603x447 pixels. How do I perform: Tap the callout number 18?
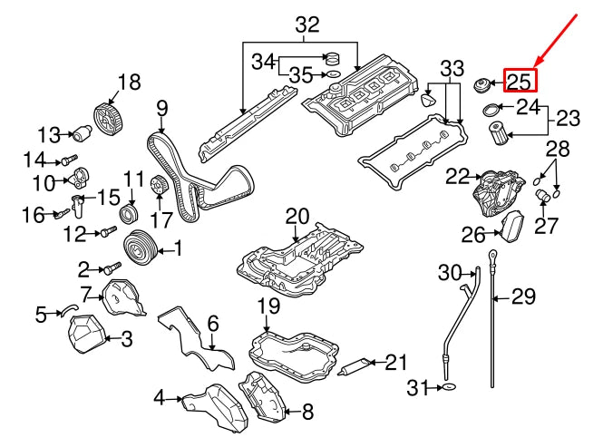pyautogui.click(x=129, y=83)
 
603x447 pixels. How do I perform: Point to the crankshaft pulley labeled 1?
pyautogui.click(x=141, y=246)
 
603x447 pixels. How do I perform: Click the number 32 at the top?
pyautogui.click(x=307, y=24)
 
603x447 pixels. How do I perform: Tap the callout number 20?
pyautogui.click(x=297, y=217)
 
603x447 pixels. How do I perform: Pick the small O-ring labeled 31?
pyautogui.click(x=448, y=389)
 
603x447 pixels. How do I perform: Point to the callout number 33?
pyautogui.click(x=452, y=69)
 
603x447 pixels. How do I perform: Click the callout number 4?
pyautogui.click(x=159, y=397)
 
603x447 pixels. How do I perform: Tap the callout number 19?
pyautogui.click(x=268, y=306)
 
